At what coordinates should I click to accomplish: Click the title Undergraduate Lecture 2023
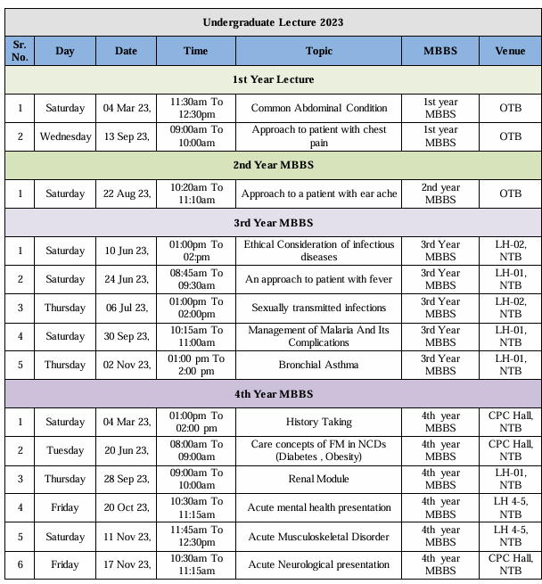(x=273, y=21)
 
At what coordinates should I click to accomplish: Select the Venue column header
(x=510, y=51)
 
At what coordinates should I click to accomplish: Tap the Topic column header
(x=319, y=51)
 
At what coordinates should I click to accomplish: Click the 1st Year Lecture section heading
(x=273, y=79)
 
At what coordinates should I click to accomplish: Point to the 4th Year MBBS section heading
(x=273, y=393)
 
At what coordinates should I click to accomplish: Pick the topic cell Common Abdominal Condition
(x=319, y=108)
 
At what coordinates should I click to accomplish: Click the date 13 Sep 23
(x=127, y=136)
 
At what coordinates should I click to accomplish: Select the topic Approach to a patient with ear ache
(x=319, y=193)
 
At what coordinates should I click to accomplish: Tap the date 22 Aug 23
(x=127, y=193)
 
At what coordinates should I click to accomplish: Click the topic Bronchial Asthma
(x=319, y=365)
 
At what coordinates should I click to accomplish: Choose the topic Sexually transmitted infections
(x=319, y=308)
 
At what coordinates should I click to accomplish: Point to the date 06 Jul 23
(x=127, y=308)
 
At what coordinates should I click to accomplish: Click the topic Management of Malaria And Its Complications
(x=319, y=336)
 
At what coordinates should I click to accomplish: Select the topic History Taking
(x=319, y=422)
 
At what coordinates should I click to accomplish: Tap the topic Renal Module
(x=319, y=479)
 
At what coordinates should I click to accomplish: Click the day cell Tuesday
(x=65, y=450)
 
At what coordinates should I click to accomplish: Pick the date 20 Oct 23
(x=127, y=507)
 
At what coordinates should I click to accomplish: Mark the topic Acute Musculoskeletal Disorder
(x=319, y=536)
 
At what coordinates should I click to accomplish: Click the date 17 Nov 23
(x=127, y=564)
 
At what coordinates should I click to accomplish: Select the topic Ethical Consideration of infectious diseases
(x=319, y=251)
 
